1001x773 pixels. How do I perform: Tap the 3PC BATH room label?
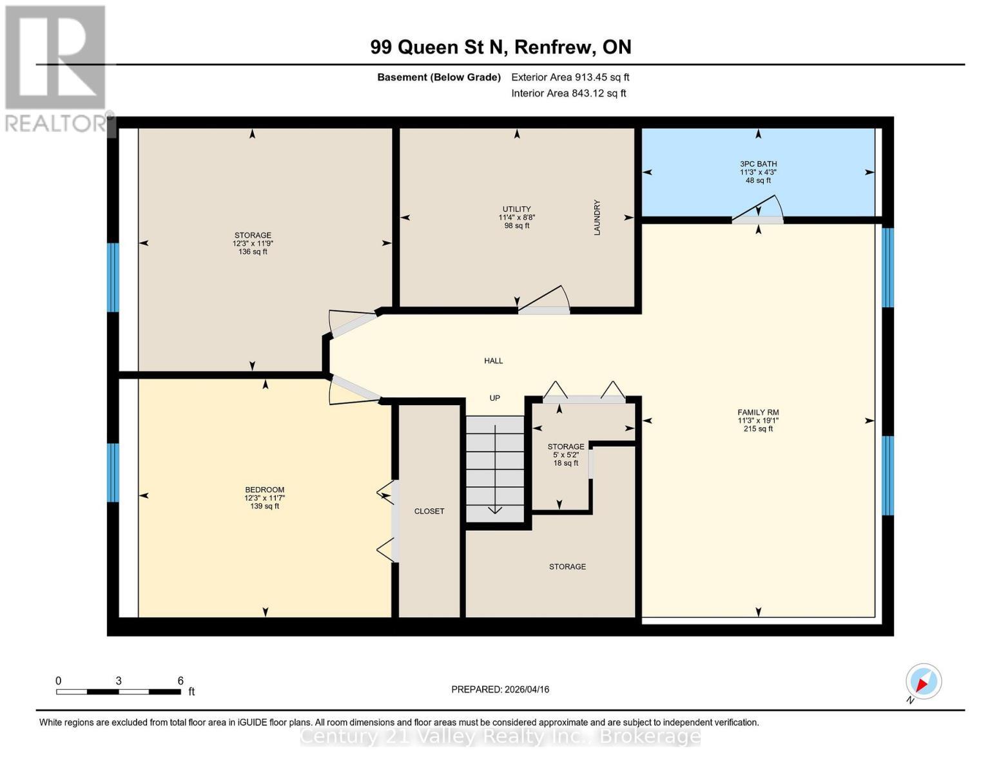click(758, 164)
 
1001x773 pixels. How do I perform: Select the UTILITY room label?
click(516, 209)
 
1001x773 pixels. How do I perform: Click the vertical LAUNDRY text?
click(597, 217)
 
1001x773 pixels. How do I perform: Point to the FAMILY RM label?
click(758, 413)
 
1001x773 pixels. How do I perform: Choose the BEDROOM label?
click(264, 490)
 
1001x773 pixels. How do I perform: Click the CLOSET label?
click(429, 511)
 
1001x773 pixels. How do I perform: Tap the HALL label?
click(494, 361)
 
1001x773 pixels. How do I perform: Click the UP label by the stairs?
click(494, 398)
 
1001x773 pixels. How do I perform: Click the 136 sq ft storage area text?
click(253, 252)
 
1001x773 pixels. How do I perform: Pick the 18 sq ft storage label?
click(566, 463)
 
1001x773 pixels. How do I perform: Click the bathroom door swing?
click(761, 209)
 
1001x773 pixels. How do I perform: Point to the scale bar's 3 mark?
click(119, 682)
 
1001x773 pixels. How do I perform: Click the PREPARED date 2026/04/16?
click(500, 690)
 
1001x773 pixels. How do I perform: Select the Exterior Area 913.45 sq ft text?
click(570, 77)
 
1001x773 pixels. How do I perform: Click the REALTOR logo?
click(56, 68)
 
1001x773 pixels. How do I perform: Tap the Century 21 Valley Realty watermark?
click(500, 736)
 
